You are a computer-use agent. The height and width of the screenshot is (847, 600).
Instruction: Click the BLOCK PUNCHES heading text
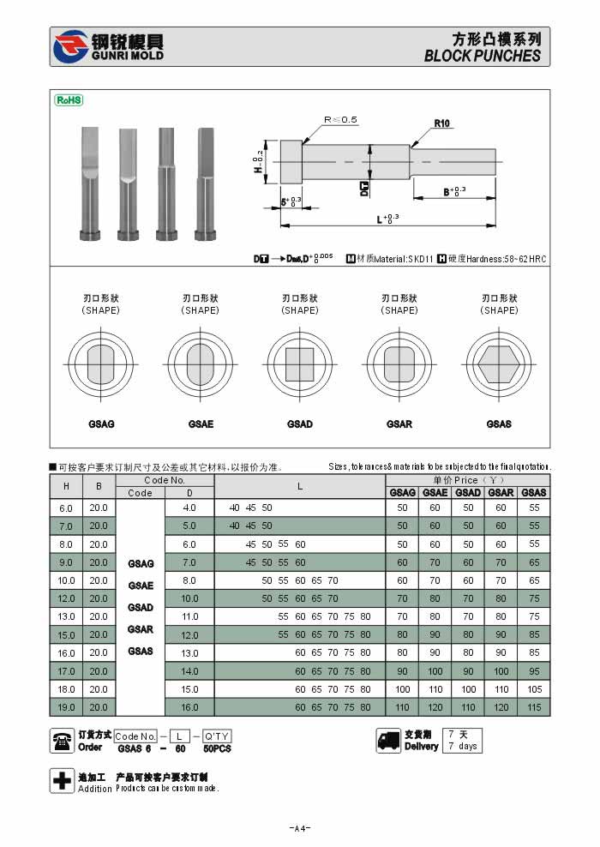(483, 56)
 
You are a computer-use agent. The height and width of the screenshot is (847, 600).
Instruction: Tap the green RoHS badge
(69, 100)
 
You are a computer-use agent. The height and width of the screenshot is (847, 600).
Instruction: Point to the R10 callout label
(442, 123)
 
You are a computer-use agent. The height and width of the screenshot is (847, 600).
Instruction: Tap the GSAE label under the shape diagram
(201, 424)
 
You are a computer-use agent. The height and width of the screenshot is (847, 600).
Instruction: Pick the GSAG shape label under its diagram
(101, 424)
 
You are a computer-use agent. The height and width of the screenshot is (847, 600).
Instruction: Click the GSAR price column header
(501, 493)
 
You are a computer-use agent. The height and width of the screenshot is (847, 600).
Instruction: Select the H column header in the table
(66, 487)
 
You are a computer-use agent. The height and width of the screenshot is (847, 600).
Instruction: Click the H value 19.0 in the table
(66, 707)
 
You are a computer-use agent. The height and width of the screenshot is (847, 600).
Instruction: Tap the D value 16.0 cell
(189, 707)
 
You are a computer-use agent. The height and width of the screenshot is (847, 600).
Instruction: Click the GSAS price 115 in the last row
(534, 707)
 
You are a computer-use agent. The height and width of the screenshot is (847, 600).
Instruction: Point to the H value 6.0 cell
(66, 508)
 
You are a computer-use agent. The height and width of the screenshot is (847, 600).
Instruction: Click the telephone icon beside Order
(63, 741)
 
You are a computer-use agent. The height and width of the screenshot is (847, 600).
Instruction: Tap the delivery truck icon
(388, 741)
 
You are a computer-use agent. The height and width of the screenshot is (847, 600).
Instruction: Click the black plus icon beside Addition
(63, 781)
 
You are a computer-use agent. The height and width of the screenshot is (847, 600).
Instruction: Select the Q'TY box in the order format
(216, 736)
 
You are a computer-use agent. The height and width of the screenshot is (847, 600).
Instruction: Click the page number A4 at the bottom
(300, 828)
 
